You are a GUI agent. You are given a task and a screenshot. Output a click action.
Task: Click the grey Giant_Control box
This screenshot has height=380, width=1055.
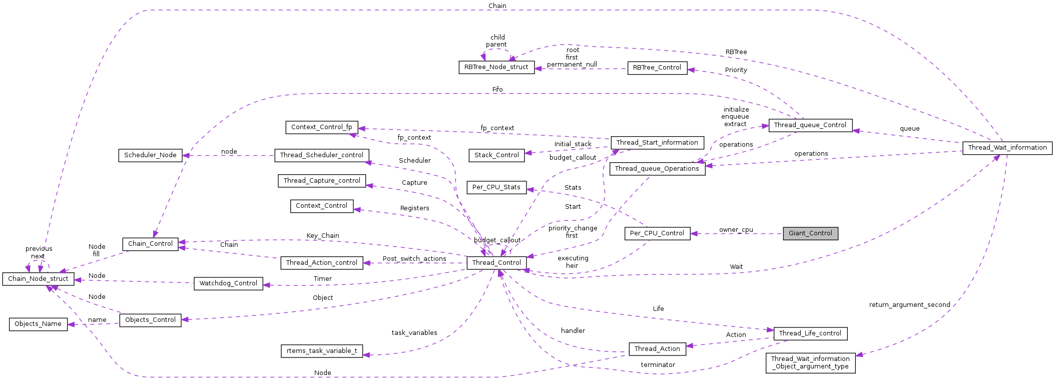810,233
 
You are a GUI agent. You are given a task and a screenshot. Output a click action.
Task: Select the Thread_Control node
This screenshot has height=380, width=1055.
496,263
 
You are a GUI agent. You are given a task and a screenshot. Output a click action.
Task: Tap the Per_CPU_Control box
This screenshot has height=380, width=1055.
657,233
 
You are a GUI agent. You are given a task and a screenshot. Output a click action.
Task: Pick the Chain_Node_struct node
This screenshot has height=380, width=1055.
38,279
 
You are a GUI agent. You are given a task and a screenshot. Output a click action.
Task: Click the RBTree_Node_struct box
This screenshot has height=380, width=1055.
496,67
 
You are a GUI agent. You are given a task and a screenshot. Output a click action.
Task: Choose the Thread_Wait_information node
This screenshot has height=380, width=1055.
1007,148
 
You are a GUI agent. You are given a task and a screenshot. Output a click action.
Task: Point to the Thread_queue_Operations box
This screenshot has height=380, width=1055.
657,169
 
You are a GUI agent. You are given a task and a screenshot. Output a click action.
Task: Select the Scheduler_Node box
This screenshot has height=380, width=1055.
150,155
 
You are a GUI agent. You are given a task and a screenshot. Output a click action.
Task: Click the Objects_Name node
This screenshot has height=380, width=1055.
38,324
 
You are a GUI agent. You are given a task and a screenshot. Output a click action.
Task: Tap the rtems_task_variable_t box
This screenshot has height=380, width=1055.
322,351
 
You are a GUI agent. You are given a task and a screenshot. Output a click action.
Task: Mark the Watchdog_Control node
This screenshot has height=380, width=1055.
228,283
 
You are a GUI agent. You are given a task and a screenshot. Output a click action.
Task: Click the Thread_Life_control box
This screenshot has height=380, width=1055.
810,333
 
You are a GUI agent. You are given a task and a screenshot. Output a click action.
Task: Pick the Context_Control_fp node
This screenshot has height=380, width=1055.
321,127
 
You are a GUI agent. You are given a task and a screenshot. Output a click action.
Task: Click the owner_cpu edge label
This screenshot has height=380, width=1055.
736,230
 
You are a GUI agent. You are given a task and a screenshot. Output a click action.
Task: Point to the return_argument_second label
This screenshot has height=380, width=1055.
909,305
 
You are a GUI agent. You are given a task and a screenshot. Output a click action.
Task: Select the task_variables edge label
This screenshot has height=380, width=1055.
414,333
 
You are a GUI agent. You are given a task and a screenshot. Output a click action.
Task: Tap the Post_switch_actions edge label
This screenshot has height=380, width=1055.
414,259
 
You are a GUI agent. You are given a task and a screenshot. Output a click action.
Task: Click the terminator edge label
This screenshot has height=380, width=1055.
658,365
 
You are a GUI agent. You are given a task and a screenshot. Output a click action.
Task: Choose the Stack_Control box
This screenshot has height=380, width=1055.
496,155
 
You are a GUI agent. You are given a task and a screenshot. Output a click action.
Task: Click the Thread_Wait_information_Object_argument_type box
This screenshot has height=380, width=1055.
810,362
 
